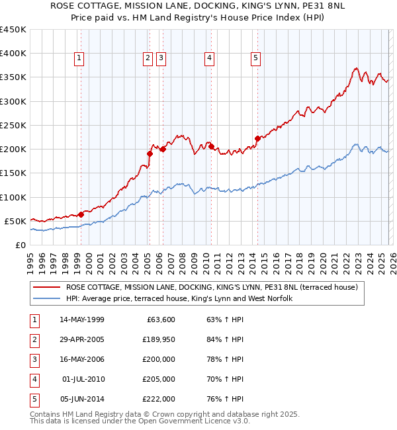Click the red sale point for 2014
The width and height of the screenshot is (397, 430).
click(x=257, y=139)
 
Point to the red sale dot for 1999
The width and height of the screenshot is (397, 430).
click(x=81, y=214)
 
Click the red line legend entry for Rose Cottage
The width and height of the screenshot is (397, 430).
click(x=212, y=287)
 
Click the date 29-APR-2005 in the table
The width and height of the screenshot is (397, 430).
click(x=81, y=339)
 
